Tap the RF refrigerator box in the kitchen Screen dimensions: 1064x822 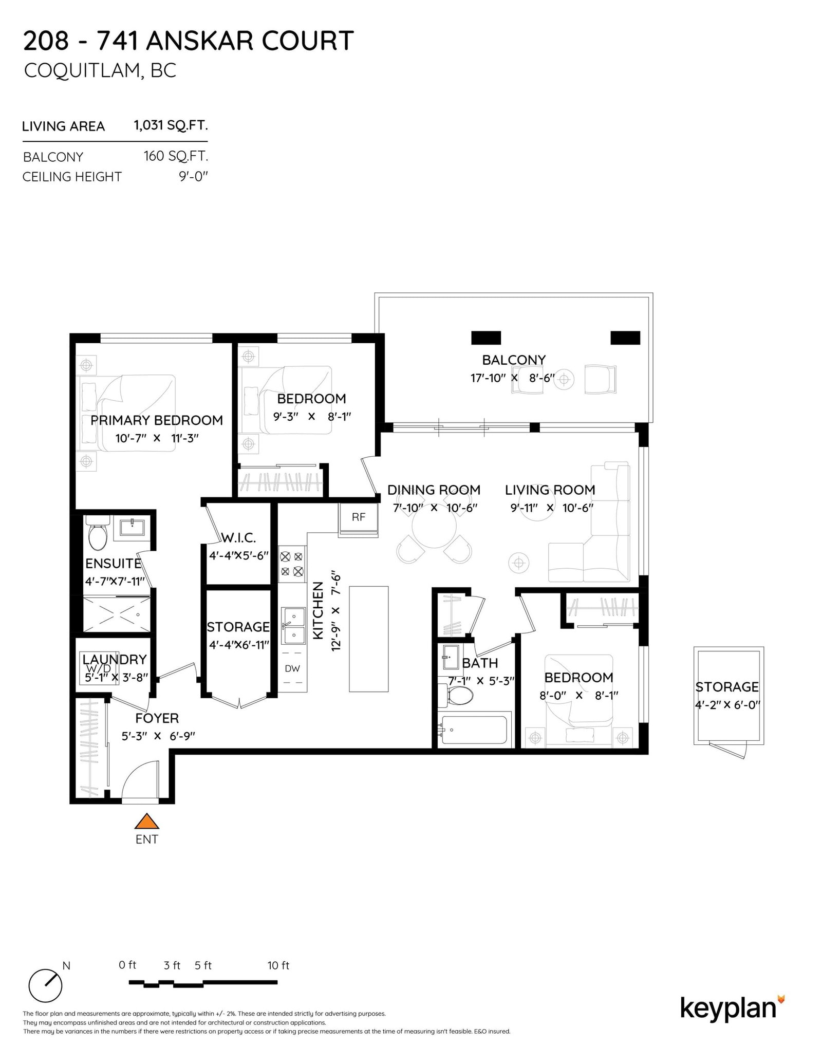[358, 517]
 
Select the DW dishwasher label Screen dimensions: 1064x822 [292, 668]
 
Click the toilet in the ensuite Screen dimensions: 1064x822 [97, 535]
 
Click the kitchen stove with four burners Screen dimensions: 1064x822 [291, 564]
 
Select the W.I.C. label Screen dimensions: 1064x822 [238, 538]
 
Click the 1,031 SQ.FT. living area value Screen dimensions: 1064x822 [171, 125]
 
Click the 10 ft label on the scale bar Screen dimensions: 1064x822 [278, 965]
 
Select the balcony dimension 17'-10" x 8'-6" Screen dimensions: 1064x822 [512, 378]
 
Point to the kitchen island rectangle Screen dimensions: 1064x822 [368, 639]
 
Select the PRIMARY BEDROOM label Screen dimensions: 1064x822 [157, 420]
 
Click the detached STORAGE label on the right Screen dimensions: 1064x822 [726, 687]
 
